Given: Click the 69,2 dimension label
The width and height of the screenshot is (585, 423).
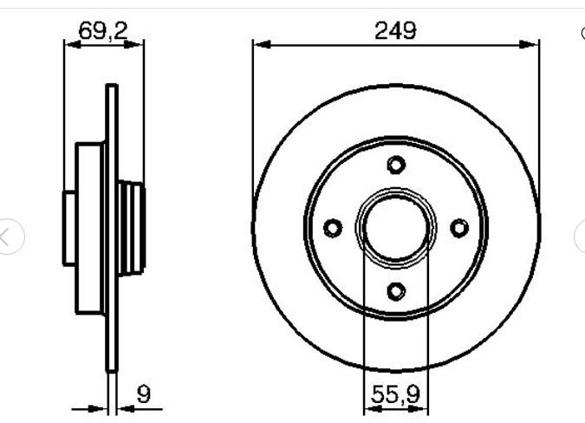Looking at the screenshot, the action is tap(103, 30).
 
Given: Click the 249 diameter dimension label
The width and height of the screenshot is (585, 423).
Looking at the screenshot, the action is tap(395, 30).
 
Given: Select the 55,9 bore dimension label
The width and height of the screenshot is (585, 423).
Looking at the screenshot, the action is tap(395, 394).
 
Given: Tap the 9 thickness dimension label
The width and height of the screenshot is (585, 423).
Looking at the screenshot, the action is tap(144, 394).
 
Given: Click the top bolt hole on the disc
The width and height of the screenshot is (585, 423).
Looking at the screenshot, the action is tap(396, 165).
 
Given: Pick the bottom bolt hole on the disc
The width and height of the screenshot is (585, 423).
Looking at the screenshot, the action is tap(396, 291).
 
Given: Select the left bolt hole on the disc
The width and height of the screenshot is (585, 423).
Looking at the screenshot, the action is tap(333, 228).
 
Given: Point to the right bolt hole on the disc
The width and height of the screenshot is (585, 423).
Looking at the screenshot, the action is tap(459, 228).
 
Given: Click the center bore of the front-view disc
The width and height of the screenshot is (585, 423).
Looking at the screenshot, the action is tap(396, 228).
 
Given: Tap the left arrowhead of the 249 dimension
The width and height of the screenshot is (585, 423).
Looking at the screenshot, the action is tap(262, 45).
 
